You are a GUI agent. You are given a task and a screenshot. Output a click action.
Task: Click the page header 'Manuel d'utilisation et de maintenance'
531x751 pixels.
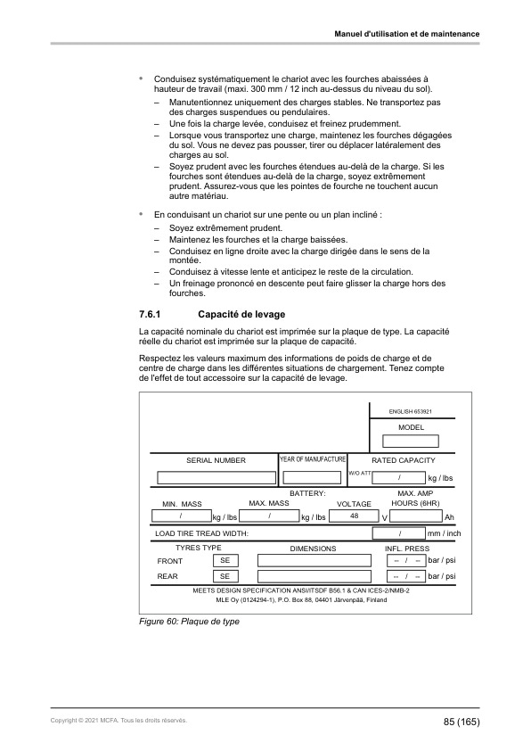[406, 34]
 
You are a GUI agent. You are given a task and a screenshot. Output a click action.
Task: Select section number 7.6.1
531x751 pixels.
[143, 315]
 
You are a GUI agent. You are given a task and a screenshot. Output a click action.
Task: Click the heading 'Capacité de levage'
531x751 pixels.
[240, 315]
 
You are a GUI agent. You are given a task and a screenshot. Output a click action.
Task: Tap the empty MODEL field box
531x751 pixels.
[411, 441]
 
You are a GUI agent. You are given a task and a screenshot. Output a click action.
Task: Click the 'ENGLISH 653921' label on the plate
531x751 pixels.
[411, 411]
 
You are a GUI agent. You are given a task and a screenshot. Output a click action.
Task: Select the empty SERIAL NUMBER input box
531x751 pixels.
[215, 477]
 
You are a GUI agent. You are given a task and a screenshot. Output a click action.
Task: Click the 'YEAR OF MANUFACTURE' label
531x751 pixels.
[313, 458]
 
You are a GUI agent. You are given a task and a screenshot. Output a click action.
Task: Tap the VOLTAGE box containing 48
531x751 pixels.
[355, 516]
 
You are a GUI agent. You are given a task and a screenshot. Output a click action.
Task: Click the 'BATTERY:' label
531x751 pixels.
[308, 492]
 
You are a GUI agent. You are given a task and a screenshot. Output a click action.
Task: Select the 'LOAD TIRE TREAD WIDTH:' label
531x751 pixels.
[200, 533]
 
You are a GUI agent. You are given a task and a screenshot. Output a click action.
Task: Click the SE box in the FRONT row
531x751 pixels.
[225, 560]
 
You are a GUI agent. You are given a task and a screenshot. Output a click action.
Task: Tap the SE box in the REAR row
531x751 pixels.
[225, 577]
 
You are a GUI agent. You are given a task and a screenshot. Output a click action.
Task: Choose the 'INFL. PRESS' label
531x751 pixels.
[406, 548]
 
